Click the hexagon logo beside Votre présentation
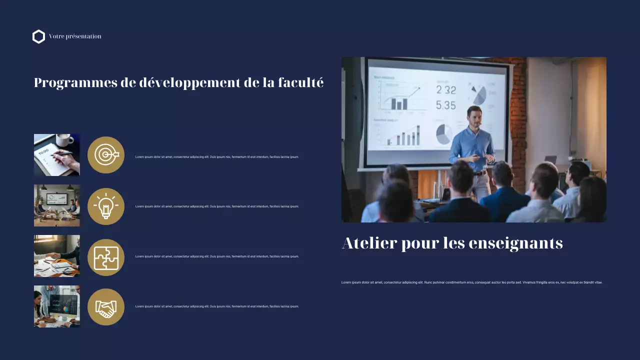tap(38, 36)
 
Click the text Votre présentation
tap(75, 36)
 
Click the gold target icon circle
tap(106, 155)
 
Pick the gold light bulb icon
tap(106, 206)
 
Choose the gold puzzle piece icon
tap(106, 257)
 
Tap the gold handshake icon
tap(106, 307)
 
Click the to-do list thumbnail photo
tap(57, 155)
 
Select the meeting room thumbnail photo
tap(57, 205)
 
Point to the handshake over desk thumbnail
tap(57, 256)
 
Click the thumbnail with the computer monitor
tap(57, 306)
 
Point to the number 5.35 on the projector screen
tap(446, 105)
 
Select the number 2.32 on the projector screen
tap(446, 90)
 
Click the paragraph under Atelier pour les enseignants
tap(472, 282)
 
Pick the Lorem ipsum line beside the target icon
tap(217, 157)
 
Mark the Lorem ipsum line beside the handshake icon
tap(217, 306)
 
